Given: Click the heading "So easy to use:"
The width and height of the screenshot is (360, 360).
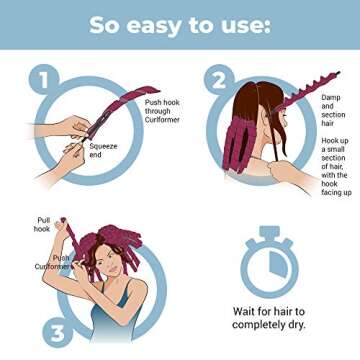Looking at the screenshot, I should click(x=180, y=24).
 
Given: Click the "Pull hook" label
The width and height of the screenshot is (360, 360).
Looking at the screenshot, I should click(x=44, y=224).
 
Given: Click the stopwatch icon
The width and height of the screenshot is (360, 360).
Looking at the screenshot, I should click(x=267, y=259).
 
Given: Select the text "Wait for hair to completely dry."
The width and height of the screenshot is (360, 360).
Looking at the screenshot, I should click(x=268, y=318).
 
